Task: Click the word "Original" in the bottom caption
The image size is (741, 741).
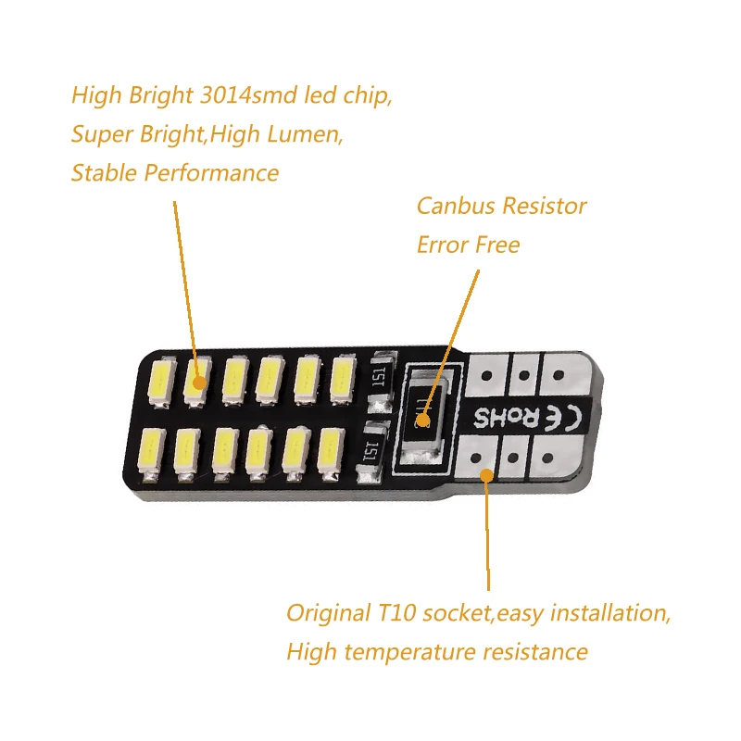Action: [328, 613]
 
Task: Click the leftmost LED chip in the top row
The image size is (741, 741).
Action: [157, 382]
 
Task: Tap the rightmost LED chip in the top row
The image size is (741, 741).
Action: [342, 379]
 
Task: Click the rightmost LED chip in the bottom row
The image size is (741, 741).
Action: [327, 448]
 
